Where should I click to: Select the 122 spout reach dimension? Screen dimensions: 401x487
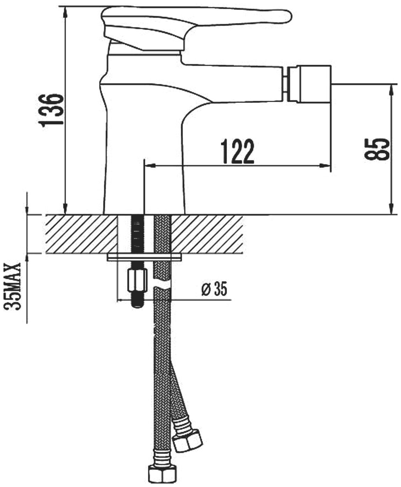coord(238,152)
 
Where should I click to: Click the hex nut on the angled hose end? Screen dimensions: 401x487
coord(188,436)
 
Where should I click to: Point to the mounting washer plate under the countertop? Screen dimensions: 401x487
coord(145,258)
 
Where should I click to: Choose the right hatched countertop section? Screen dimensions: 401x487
coord(207,234)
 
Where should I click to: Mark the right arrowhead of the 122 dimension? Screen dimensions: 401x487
coord(326,166)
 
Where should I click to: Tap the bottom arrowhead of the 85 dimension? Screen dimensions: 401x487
coord(392,209)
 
